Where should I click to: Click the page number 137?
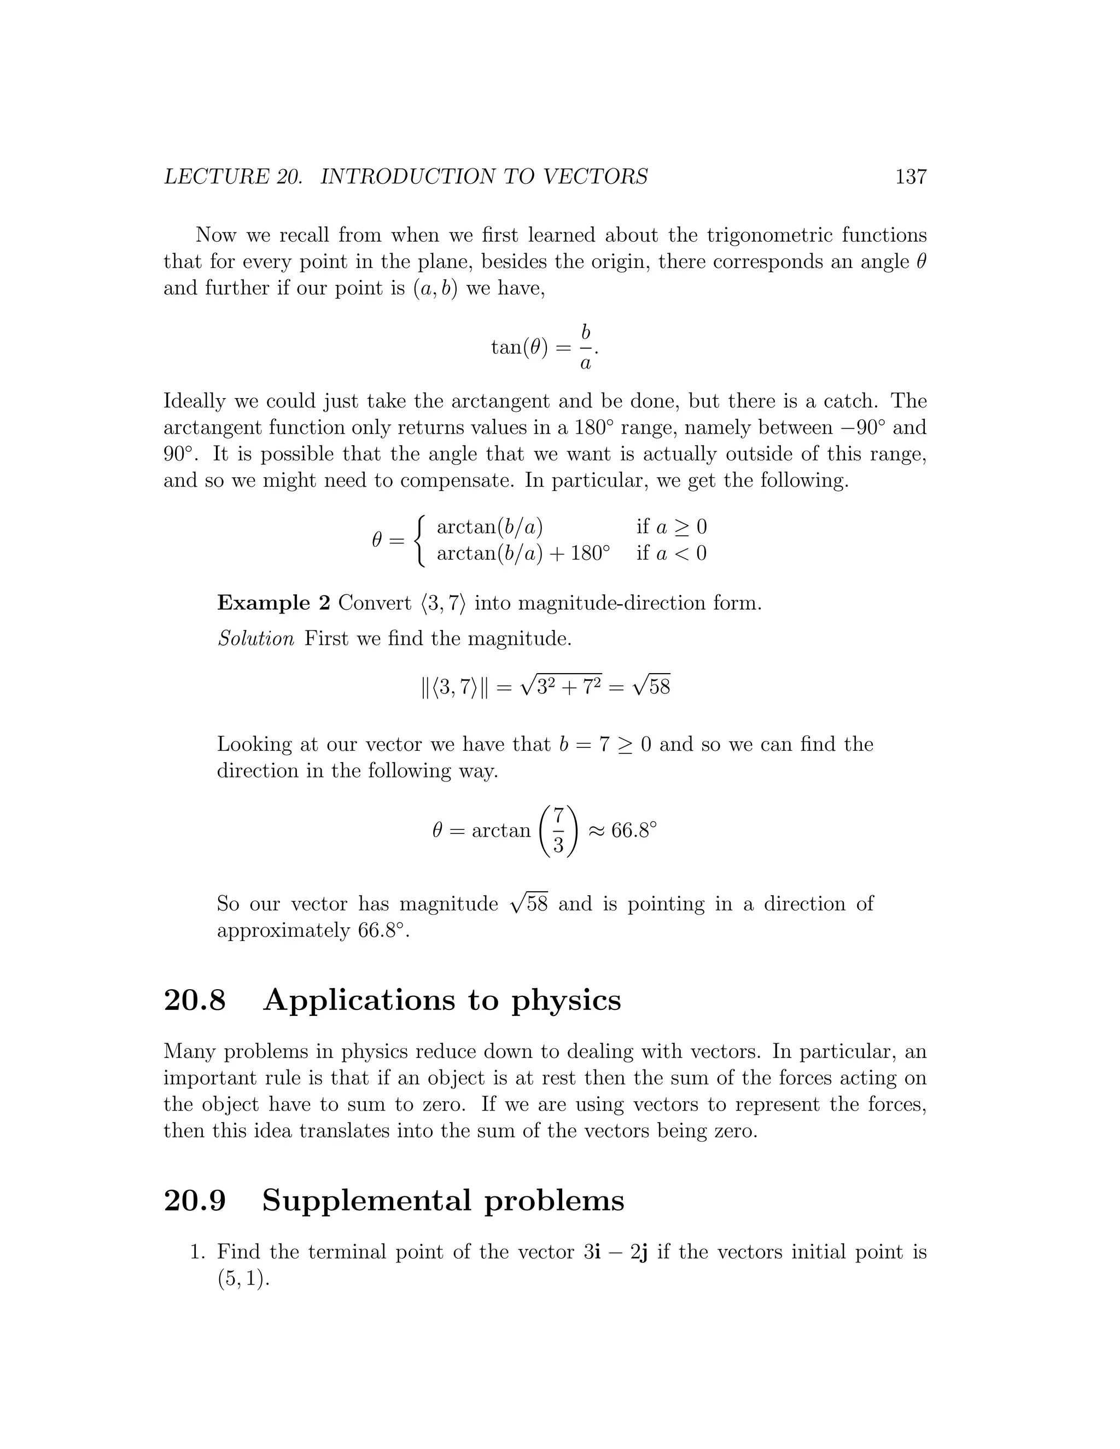911,177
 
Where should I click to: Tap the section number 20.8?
194,1000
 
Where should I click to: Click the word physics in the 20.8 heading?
565,1001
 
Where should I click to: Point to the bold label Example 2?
273,603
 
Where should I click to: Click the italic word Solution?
255,639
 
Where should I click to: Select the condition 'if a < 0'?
671,553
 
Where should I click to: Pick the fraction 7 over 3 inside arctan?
558,831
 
